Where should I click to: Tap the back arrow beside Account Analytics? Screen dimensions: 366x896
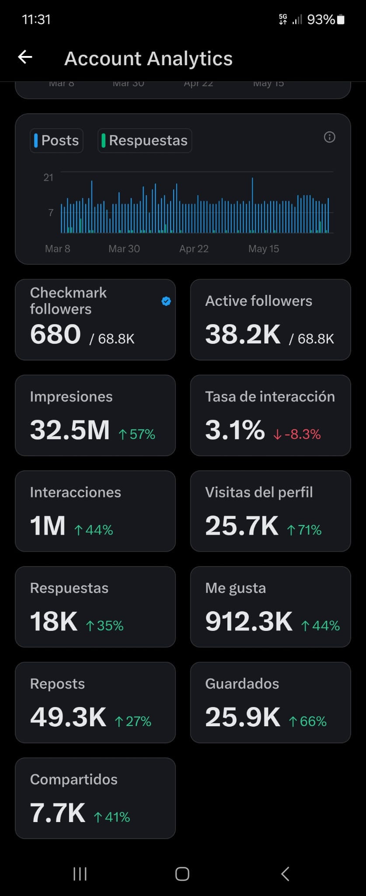pos(25,57)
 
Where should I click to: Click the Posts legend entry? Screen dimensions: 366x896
pos(56,140)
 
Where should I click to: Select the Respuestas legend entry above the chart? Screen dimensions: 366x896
pos(145,140)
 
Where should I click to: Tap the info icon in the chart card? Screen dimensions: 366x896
pos(329,137)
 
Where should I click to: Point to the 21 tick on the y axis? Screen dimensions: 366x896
pos(48,177)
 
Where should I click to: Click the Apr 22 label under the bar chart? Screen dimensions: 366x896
pos(194,248)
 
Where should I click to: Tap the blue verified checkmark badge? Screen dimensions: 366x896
pos(166,301)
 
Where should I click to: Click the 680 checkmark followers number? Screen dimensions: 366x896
pos(56,334)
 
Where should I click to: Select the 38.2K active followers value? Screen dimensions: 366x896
pos(243,334)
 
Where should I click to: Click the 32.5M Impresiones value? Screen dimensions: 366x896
pos(70,430)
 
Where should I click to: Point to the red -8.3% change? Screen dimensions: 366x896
pos(297,434)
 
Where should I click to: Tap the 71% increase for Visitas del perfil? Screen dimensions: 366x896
pos(304,530)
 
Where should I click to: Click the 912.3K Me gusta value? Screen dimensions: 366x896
pos(249,621)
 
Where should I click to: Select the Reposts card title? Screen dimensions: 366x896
pos(57,683)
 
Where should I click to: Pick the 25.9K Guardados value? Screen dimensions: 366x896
pos(243,717)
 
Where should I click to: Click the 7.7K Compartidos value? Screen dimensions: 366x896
pos(58,812)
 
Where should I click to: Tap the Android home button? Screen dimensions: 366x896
pos(182,874)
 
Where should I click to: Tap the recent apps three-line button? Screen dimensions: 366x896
pos(80,874)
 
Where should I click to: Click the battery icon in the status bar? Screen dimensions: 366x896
pos(341,20)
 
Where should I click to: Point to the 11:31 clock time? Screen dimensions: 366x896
pos(36,20)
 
